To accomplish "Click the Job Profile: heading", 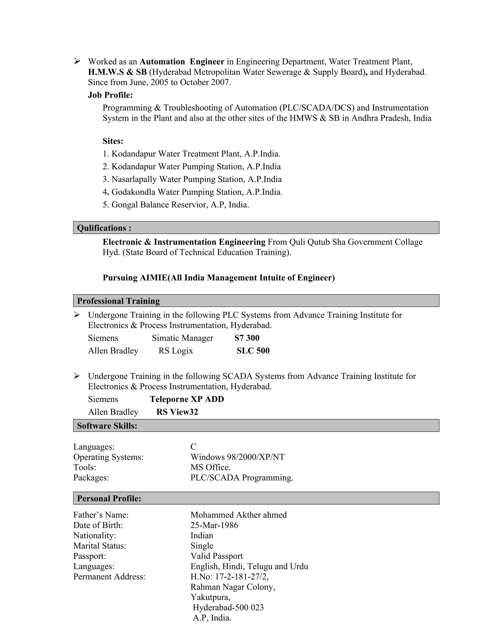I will click(x=110, y=95).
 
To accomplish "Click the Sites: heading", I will click(x=113, y=141).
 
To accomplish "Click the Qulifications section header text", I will click(x=104, y=228).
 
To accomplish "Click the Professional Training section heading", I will click(x=118, y=301).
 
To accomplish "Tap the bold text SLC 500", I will click(x=253, y=351).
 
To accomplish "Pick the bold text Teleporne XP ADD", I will click(x=187, y=399).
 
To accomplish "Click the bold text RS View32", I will click(x=177, y=412).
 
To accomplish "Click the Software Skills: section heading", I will click(x=107, y=426).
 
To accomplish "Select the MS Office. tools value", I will click(x=210, y=467).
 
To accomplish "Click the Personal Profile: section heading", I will click(x=109, y=498).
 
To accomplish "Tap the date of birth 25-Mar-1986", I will click(x=214, y=525).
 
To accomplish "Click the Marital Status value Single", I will click(x=202, y=546).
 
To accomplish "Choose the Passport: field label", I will click(x=89, y=556).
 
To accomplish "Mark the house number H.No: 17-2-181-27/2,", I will click(x=229, y=576).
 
